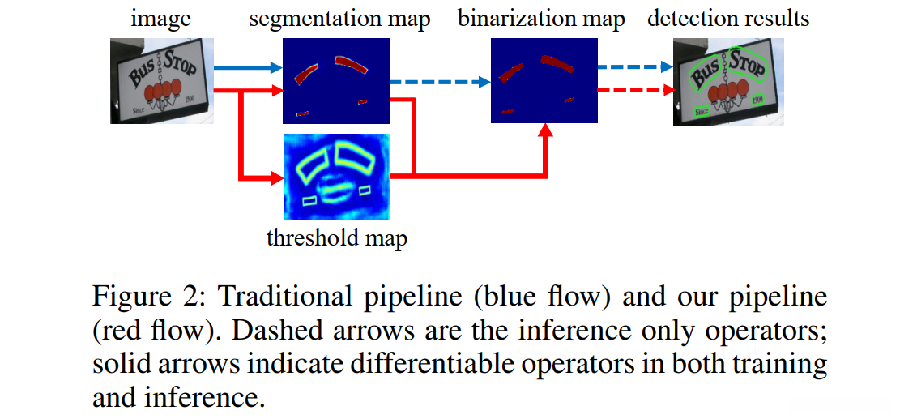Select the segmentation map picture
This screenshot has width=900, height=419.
click(x=335, y=81)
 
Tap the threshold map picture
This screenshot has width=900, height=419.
click(x=335, y=177)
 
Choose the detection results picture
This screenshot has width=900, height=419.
click(x=728, y=81)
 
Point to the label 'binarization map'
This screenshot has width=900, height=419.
click(x=541, y=19)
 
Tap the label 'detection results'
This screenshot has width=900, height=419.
click(x=728, y=19)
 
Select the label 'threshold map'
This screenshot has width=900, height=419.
click(x=337, y=237)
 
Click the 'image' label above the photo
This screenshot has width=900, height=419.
click(x=163, y=19)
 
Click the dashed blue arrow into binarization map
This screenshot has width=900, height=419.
click(x=441, y=81)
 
